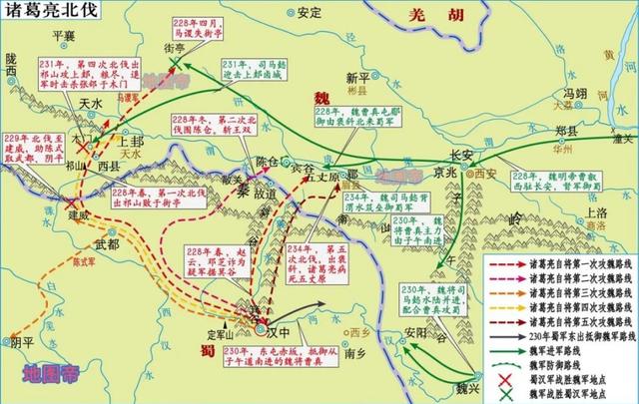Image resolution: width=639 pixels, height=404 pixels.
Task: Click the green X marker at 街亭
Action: pos(177,63)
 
